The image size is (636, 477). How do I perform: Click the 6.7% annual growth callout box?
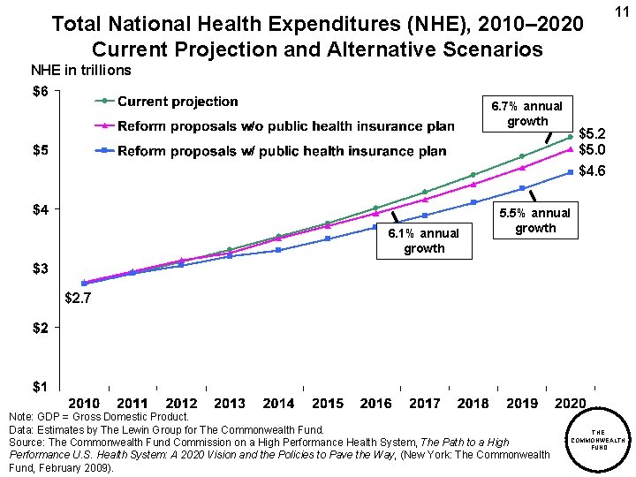pyautogui.click(x=526, y=113)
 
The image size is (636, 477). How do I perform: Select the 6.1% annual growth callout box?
pyautogui.click(x=424, y=240)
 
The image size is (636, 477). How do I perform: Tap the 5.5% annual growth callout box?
pyautogui.click(x=535, y=220)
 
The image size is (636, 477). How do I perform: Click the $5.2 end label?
pyautogui.click(x=592, y=134)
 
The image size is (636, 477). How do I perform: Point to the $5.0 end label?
pyautogui.click(x=592, y=150)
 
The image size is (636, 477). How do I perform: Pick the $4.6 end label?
pyautogui.click(x=592, y=171)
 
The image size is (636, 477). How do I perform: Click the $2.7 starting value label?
pyautogui.click(x=78, y=299)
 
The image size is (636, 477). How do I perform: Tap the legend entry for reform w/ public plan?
pyautogui.click(x=281, y=151)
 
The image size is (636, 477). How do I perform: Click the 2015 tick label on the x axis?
pyautogui.click(x=328, y=404)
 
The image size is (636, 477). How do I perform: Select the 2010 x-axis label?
pyautogui.click(x=84, y=404)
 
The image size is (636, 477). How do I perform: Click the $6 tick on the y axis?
pyautogui.click(x=42, y=92)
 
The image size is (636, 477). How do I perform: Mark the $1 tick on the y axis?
pyautogui.click(x=42, y=386)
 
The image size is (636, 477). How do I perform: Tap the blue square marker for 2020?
pyautogui.click(x=571, y=171)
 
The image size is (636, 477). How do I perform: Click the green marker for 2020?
pyautogui.click(x=571, y=137)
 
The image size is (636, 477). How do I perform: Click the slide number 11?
pyautogui.click(x=619, y=11)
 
